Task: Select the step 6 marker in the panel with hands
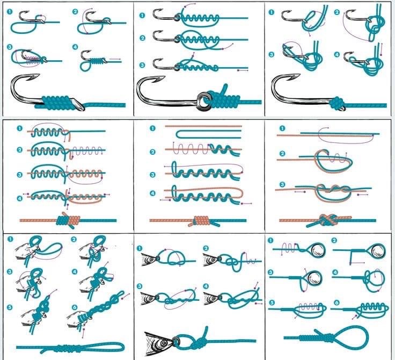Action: coord(75,307)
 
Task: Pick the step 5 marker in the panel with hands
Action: coord(10,307)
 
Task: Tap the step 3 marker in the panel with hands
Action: coord(10,272)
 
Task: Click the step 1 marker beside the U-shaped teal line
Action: coord(152,128)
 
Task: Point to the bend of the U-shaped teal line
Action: coord(177,134)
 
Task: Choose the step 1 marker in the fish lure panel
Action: coord(140,248)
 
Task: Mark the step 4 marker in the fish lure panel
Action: coord(206,286)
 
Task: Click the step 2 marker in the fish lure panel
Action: coord(206,248)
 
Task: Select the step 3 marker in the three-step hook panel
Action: coord(142,65)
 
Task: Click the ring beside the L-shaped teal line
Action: coord(378,250)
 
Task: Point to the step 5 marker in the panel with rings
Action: coord(272,302)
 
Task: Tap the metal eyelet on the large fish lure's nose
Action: coord(175,342)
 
